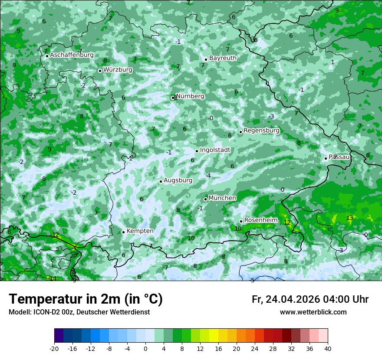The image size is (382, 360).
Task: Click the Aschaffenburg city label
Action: click(x=72, y=55)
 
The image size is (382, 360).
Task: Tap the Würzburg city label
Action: click(x=118, y=70)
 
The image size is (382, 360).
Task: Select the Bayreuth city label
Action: click(x=223, y=58)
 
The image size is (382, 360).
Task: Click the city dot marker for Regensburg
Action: click(x=240, y=132)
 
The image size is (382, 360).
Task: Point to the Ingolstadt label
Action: click(x=215, y=150)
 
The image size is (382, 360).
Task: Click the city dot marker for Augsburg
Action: click(x=161, y=181)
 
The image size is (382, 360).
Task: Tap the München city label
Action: click(x=222, y=198)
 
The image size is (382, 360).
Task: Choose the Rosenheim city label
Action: click(x=260, y=220)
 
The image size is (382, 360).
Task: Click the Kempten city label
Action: click(x=140, y=231)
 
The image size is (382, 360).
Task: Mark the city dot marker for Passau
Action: click(x=326, y=158)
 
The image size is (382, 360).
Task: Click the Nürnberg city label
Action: click(x=190, y=96)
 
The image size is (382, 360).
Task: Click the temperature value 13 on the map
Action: click(x=349, y=218)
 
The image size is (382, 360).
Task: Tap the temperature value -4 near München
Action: click(x=208, y=176)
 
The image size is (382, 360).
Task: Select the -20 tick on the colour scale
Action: click(x=54, y=349)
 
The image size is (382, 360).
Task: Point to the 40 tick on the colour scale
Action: click(x=328, y=349)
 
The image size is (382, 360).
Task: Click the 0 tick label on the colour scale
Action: click(x=145, y=349)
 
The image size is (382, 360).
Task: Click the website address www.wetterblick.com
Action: click(x=313, y=312)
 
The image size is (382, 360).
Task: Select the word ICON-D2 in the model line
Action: click(x=44, y=312)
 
